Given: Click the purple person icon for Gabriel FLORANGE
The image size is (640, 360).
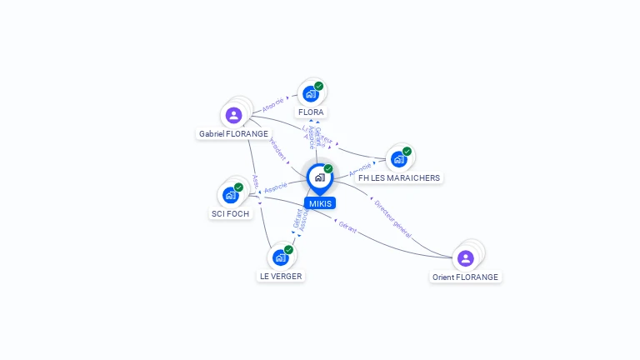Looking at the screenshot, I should tap(233, 115).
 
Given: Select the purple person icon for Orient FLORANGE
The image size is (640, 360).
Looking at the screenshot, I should tap(465, 258).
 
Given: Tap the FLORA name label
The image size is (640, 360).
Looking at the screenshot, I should tap(311, 112).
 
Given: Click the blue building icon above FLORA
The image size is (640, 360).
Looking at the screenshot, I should tap(310, 94).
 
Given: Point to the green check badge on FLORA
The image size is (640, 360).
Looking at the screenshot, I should tap(319, 86).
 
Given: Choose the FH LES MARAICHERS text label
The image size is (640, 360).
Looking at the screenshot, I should tap(398, 177).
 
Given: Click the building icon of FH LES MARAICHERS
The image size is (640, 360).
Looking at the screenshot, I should tap(398, 159).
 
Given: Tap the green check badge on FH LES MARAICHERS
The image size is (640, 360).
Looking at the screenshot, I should tap(407, 152).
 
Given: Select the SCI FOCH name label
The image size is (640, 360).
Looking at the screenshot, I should tap(230, 213).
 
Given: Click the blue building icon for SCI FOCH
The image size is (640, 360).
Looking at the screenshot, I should tap(230, 195).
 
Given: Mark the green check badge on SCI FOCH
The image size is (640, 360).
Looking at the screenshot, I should tap(238, 187).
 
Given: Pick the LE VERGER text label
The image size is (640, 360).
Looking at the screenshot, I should tap(280, 276).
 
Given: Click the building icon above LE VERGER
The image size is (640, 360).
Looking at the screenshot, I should tap(280, 257).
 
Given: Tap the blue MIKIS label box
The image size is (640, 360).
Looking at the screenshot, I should tap(320, 203).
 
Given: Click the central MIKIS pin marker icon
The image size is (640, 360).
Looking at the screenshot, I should tap(319, 177).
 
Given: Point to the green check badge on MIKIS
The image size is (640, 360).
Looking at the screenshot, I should tap(328, 169).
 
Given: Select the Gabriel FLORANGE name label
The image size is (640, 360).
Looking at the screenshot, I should tap(233, 133).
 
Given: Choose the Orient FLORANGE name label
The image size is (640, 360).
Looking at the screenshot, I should tap(465, 277).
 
